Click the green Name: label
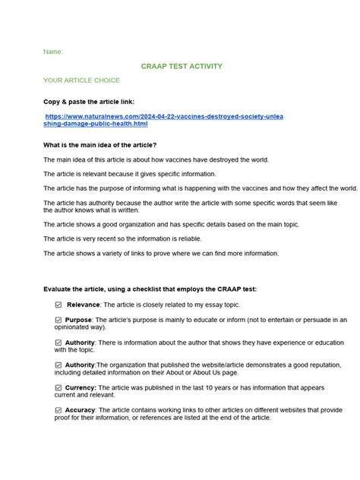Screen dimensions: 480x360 pyautogui.click(x=53, y=52)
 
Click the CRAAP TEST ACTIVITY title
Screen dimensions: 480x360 pyautogui.click(x=182, y=67)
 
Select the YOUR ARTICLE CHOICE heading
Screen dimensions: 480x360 pyautogui.click(x=81, y=81)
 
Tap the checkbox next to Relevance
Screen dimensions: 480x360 pyautogui.click(x=58, y=305)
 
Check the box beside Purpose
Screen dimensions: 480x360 pyautogui.click(x=58, y=320)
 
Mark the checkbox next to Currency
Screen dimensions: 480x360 pyautogui.click(x=58, y=387)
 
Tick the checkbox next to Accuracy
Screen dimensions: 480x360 pyautogui.click(x=58, y=410)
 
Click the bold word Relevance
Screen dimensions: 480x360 pyautogui.click(x=84, y=305)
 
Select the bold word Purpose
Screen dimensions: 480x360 pyautogui.click(x=78, y=320)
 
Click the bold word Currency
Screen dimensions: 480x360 pyautogui.click(x=80, y=387)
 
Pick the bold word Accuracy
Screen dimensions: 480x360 pyautogui.click(x=81, y=410)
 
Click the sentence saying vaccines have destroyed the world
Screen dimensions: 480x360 pyautogui.click(x=156, y=159)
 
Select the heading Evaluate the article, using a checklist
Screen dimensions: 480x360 pyautogui.click(x=150, y=289)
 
